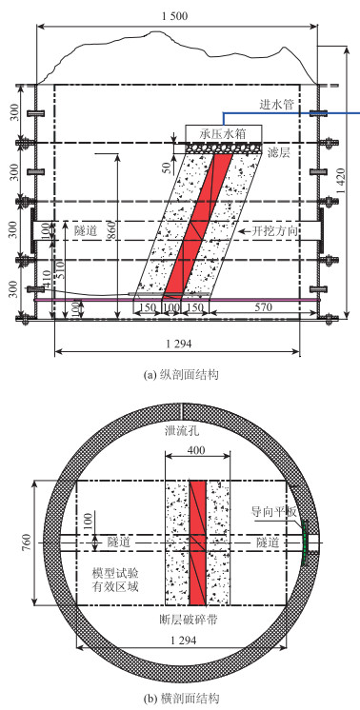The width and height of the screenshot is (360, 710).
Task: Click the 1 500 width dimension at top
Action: [x=174, y=16]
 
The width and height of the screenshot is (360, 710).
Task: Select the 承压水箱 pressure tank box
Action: [x=224, y=133]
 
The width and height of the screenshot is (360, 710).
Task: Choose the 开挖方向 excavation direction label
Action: [x=272, y=231]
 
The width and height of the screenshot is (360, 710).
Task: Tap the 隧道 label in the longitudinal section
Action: [x=85, y=231]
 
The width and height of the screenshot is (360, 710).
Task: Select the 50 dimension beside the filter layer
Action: [x=167, y=168]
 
